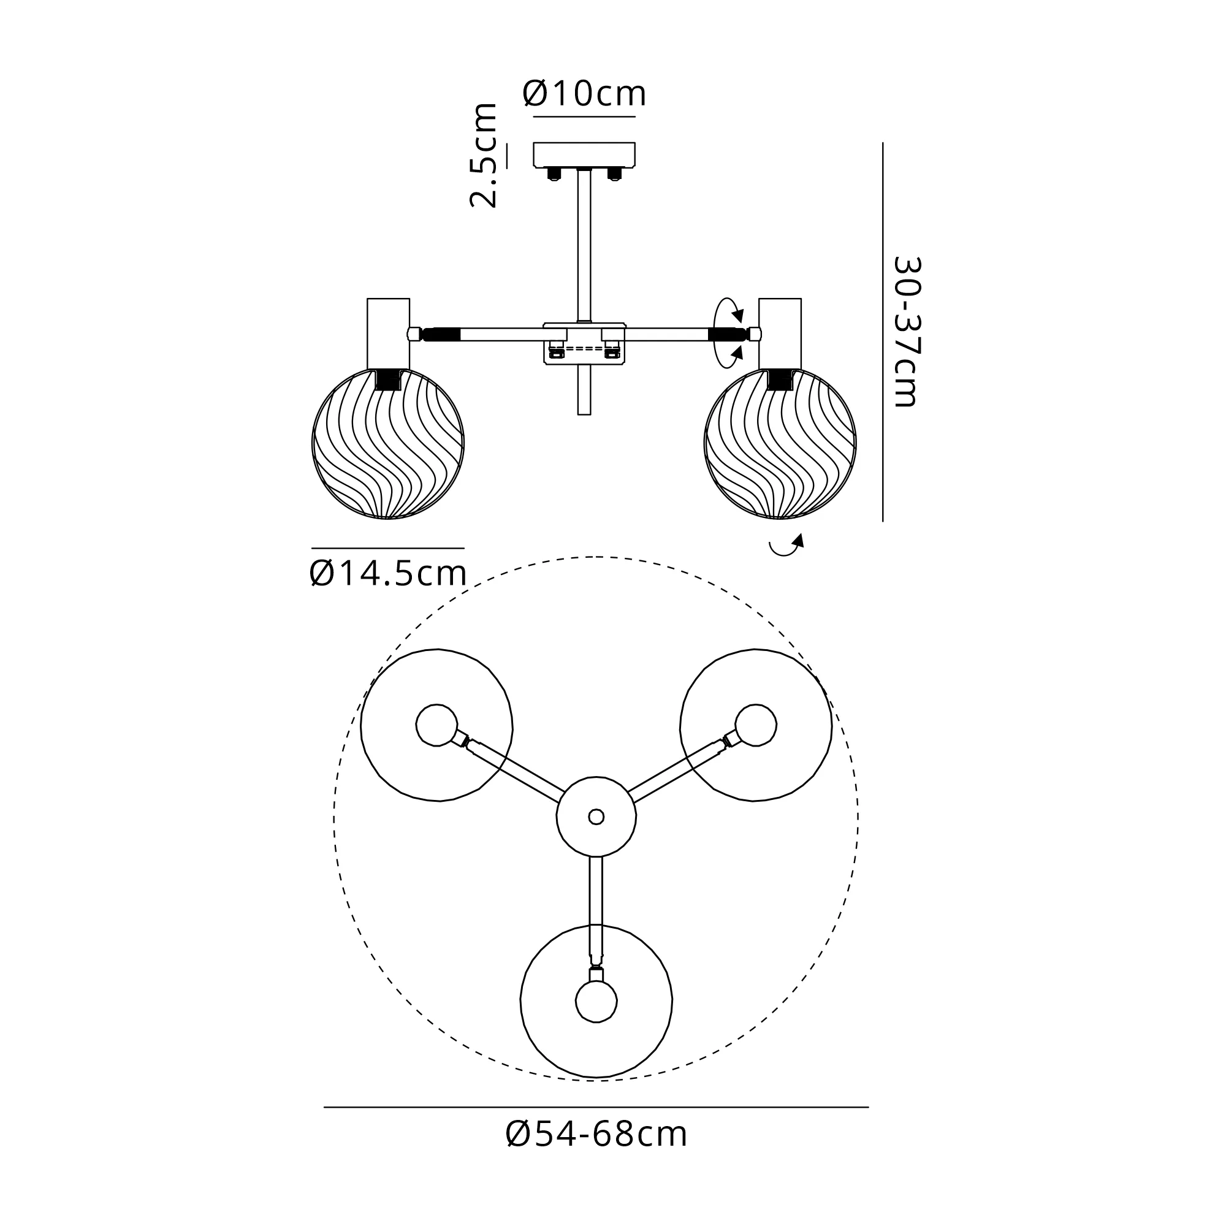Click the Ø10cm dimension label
(x=584, y=94)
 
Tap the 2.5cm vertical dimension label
(x=484, y=155)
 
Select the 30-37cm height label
(x=905, y=331)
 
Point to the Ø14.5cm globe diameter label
(x=389, y=574)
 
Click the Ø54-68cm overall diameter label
(x=596, y=1134)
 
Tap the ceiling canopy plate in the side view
(x=584, y=154)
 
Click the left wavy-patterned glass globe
(x=389, y=444)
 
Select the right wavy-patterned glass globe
(x=780, y=444)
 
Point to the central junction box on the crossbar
(x=584, y=343)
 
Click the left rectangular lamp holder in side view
(x=389, y=333)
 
